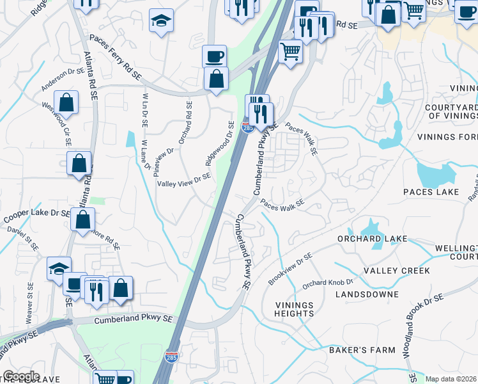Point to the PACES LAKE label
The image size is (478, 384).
point(431,192)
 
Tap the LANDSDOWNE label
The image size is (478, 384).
point(371,294)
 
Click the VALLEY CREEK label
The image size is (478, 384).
point(397,271)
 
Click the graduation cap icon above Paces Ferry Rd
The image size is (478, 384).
point(161,22)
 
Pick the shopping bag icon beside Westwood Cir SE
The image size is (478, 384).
point(66,102)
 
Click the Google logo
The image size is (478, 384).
point(22,376)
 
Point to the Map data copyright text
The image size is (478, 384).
point(451,379)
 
